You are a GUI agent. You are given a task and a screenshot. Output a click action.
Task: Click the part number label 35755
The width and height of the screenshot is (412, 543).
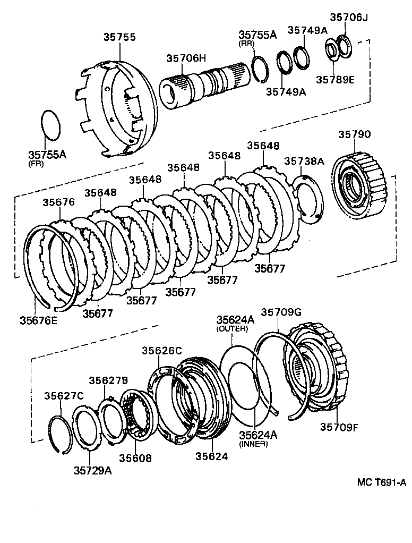pos(119,37)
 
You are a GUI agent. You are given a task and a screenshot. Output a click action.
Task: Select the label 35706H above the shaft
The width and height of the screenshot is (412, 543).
pos(186,59)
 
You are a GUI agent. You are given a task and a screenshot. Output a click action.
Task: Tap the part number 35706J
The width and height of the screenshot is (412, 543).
pos(348,17)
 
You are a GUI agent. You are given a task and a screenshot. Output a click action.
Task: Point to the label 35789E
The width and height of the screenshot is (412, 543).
pos(335,80)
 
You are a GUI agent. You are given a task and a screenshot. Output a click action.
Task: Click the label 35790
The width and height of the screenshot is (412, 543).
pos(354,135)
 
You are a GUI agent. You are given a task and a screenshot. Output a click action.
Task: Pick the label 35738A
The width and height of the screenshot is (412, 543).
pos(304,161)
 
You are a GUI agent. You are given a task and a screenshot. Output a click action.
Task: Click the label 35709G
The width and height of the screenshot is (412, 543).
pos(281,313)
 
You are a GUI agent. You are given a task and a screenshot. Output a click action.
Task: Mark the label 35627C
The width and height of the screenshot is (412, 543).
pos(64,396)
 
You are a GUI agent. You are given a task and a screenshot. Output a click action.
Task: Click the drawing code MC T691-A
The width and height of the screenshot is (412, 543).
pos(381,482)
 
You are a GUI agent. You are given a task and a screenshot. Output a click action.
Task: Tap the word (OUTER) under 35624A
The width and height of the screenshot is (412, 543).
pos(232,329)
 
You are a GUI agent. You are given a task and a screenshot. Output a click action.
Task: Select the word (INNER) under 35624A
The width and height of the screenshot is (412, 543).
pos(253,444)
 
